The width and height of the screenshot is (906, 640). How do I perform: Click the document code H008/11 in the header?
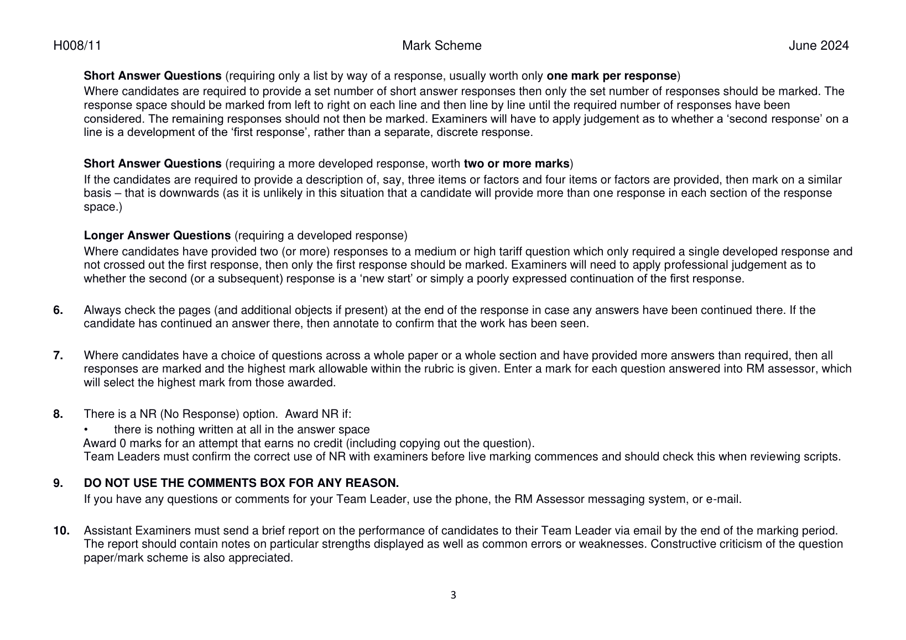tap(77, 46)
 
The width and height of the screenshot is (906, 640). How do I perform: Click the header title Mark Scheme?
tap(441, 46)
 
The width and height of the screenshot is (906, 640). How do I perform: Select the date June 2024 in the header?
tap(818, 46)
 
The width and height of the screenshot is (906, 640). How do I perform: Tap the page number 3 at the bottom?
tap(454, 595)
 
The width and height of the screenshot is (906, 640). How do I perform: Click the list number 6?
tap(58, 310)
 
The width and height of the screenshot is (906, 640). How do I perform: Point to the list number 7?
tap(58, 355)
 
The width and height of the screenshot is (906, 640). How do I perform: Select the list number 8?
tap(58, 414)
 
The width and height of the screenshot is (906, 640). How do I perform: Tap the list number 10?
tap(61, 531)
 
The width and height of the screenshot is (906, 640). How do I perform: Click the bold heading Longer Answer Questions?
tap(157, 235)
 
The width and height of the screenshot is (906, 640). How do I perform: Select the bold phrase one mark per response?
tap(611, 76)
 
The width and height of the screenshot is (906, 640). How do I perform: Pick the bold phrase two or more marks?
tap(516, 164)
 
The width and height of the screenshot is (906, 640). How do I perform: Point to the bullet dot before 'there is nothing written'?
tap(86, 430)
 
